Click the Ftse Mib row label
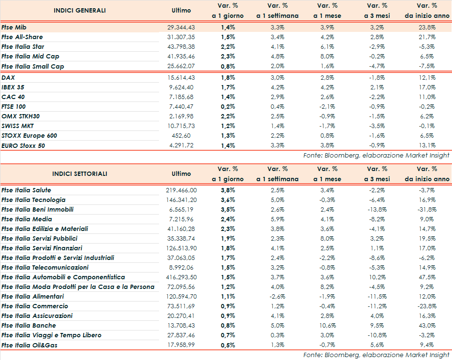click(x=14, y=27)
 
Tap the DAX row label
click(x=8, y=77)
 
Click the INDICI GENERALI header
click(x=80, y=10)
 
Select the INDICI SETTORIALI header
click(x=80, y=173)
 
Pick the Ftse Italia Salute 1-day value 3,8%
click(x=228, y=190)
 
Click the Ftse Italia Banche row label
click(x=29, y=325)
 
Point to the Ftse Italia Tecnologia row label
click(x=33, y=200)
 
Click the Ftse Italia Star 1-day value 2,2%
click(x=228, y=46)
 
